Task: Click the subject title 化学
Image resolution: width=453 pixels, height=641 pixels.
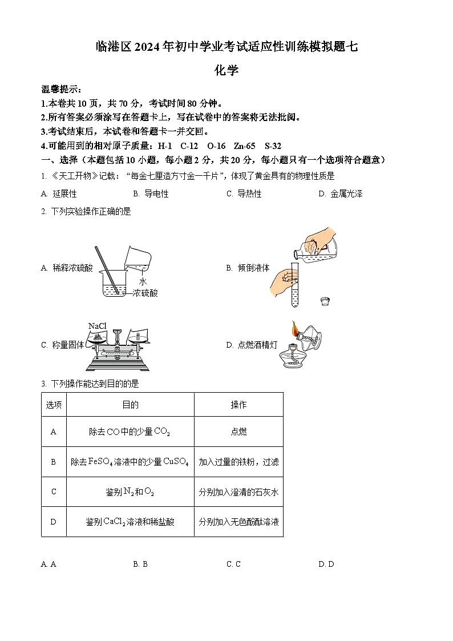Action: click(x=226, y=70)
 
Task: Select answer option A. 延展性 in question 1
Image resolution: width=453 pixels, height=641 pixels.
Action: click(x=59, y=194)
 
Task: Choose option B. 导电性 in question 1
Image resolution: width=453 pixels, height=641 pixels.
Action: click(x=151, y=194)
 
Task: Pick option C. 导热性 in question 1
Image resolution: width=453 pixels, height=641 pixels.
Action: click(x=244, y=194)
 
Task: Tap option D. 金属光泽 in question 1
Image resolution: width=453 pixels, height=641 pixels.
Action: click(x=341, y=194)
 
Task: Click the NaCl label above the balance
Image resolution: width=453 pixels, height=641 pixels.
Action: click(x=97, y=326)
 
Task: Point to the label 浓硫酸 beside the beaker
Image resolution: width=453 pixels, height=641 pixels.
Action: click(x=145, y=293)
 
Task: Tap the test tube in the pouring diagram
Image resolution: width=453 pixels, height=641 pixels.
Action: click(x=294, y=285)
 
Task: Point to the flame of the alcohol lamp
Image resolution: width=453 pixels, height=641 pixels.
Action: click(x=296, y=329)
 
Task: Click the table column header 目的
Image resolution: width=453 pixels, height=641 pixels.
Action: click(x=130, y=405)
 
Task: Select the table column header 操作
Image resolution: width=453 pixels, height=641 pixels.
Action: click(x=238, y=405)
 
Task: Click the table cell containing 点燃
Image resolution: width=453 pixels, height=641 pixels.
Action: click(x=238, y=432)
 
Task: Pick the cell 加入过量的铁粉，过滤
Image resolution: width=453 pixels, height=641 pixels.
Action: click(x=238, y=462)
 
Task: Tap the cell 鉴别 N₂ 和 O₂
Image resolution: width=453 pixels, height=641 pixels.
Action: click(x=130, y=492)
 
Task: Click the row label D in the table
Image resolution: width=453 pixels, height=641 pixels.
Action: click(x=54, y=522)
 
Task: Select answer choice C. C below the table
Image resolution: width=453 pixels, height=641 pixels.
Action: click(x=233, y=565)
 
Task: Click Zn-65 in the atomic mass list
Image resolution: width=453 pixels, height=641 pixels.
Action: click(x=245, y=146)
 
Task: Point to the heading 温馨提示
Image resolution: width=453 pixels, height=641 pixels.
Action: click(x=62, y=89)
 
